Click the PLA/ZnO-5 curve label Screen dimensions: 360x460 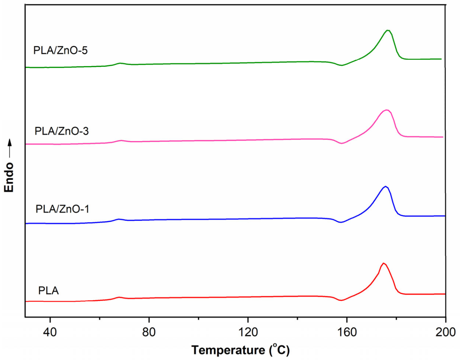pyautogui.click(x=60, y=51)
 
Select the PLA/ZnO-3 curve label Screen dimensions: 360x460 pyautogui.click(x=62, y=131)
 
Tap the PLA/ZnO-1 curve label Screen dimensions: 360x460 pyautogui.click(x=62, y=209)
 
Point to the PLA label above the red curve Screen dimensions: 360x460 pyautogui.click(x=49, y=291)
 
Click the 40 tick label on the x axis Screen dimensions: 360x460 pyautogui.click(x=50, y=332)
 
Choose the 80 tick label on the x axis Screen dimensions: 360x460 pyautogui.click(x=149, y=332)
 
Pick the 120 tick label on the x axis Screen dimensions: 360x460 pyautogui.click(x=248, y=332)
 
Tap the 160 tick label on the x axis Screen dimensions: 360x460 pyautogui.click(x=347, y=332)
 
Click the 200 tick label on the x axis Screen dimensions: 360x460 pyautogui.click(x=445, y=332)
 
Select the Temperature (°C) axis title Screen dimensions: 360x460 pyautogui.click(x=241, y=350)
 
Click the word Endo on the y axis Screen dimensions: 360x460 pyautogui.click(x=9, y=177)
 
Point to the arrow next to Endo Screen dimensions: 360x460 pyautogui.click(x=9, y=148)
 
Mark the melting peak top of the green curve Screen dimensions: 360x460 pyautogui.click(x=388, y=30)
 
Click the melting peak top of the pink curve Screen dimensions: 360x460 pyautogui.click(x=386, y=110)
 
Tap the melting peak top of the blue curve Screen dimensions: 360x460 pyautogui.click(x=385, y=186)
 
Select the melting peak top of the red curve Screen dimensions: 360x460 pyautogui.click(x=383, y=263)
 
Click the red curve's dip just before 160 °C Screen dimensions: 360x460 pyautogui.click(x=340, y=300)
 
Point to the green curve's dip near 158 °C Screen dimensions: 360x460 pyautogui.click(x=341, y=65)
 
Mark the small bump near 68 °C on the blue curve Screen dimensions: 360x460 pyautogui.click(x=119, y=219)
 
